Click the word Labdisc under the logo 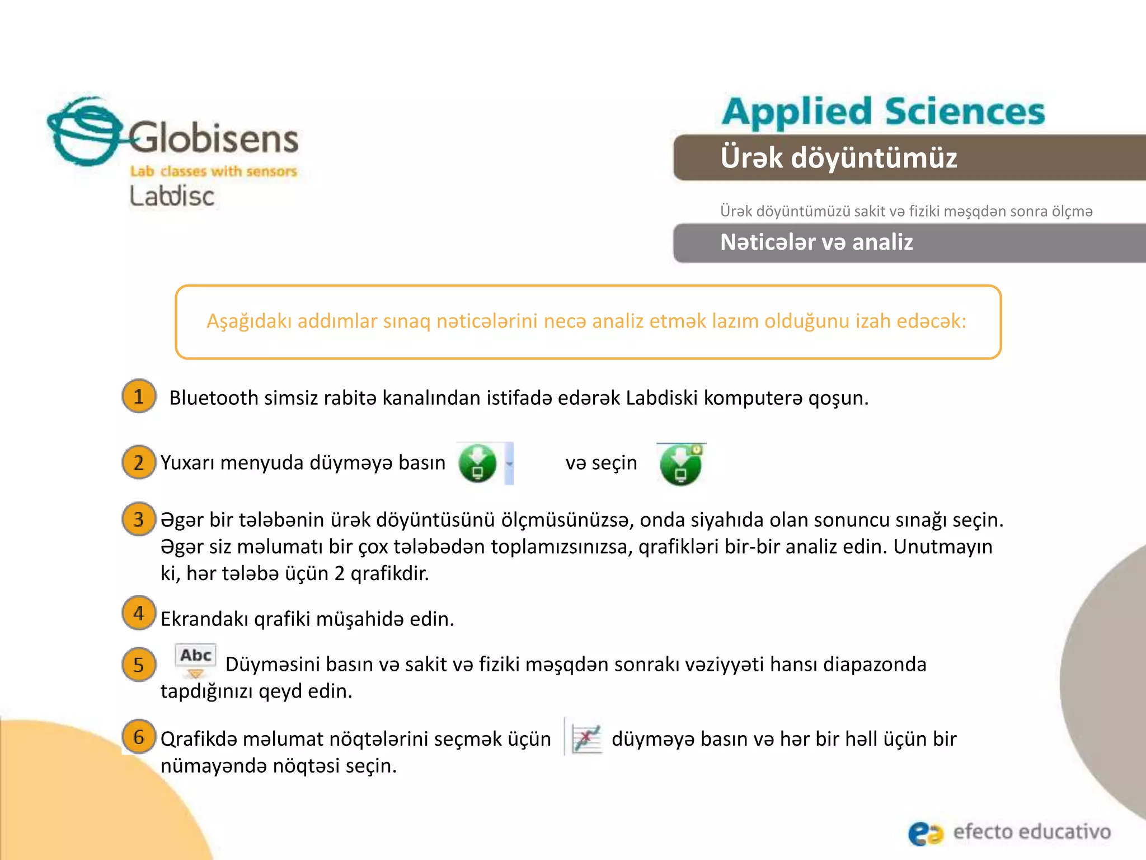point(172,196)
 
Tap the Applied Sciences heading point(883,111)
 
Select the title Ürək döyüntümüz point(838,158)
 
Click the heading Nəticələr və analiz point(816,242)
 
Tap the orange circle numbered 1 point(139,396)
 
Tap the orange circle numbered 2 point(139,462)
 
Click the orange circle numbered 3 point(139,519)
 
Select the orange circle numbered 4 point(139,613)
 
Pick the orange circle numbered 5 point(139,665)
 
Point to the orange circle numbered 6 point(139,736)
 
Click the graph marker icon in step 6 point(586,739)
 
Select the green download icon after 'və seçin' point(680,464)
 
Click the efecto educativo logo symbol point(925,833)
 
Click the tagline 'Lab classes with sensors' point(213,171)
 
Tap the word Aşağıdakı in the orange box point(248,321)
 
